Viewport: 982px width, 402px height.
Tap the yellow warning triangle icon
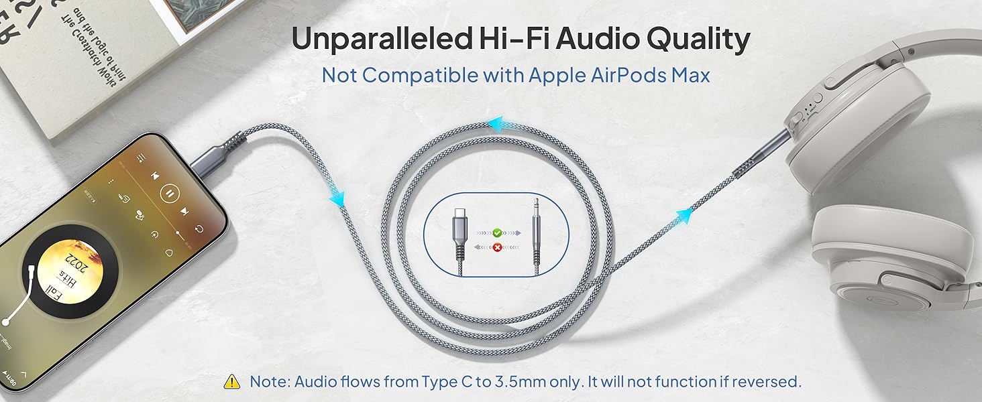coord(232,382)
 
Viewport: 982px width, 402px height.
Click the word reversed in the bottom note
coord(767,382)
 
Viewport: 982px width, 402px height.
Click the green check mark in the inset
coord(497,233)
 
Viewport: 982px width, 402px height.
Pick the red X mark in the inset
coord(497,247)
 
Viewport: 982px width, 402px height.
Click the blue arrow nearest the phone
coord(336,198)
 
